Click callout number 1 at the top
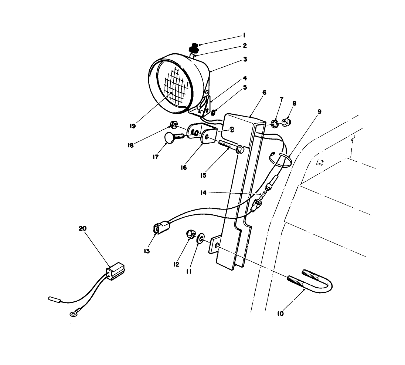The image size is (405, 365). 244,36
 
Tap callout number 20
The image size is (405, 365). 83,229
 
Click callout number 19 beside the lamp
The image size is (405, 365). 133,126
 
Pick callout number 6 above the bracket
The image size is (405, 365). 263,93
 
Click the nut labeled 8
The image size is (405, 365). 286,122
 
